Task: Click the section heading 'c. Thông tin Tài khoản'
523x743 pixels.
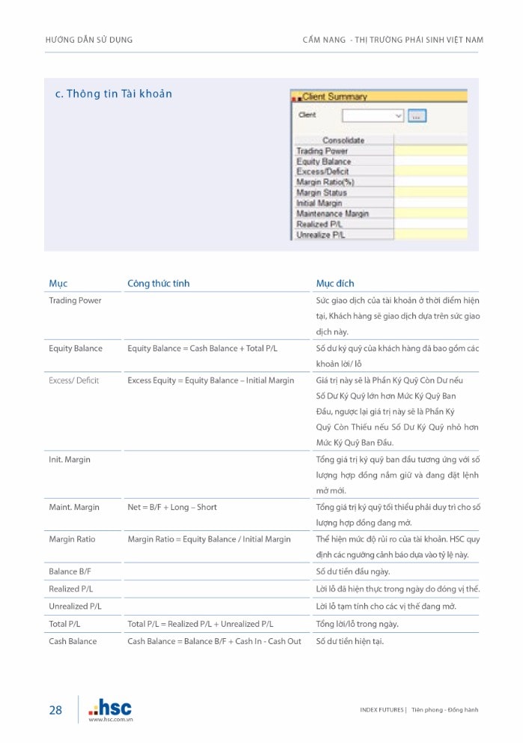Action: click(114, 94)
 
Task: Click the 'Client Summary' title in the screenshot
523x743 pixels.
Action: click(334, 97)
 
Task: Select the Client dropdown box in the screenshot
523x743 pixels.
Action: click(373, 116)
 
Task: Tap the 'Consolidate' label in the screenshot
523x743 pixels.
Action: click(343, 140)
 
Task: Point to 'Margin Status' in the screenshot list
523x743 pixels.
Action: click(322, 192)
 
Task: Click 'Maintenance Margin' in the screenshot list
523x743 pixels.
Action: click(332, 213)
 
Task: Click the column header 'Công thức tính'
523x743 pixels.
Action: click(159, 283)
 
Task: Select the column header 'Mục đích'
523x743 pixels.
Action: click(335, 283)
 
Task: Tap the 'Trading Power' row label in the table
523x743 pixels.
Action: click(76, 300)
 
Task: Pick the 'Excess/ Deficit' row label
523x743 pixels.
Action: click(74, 380)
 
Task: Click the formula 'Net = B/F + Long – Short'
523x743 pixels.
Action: click(172, 507)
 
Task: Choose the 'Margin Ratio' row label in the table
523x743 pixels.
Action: click(73, 539)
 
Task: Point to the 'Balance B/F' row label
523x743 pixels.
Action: click(70, 571)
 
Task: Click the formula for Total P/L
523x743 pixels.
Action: click(201, 624)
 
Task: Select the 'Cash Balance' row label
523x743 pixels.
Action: click(73, 641)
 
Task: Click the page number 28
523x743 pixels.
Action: click(55, 710)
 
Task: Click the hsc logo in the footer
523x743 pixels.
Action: click(110, 706)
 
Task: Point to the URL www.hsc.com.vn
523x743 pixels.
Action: click(111, 720)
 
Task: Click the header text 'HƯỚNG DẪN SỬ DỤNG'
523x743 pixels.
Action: click(89, 40)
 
